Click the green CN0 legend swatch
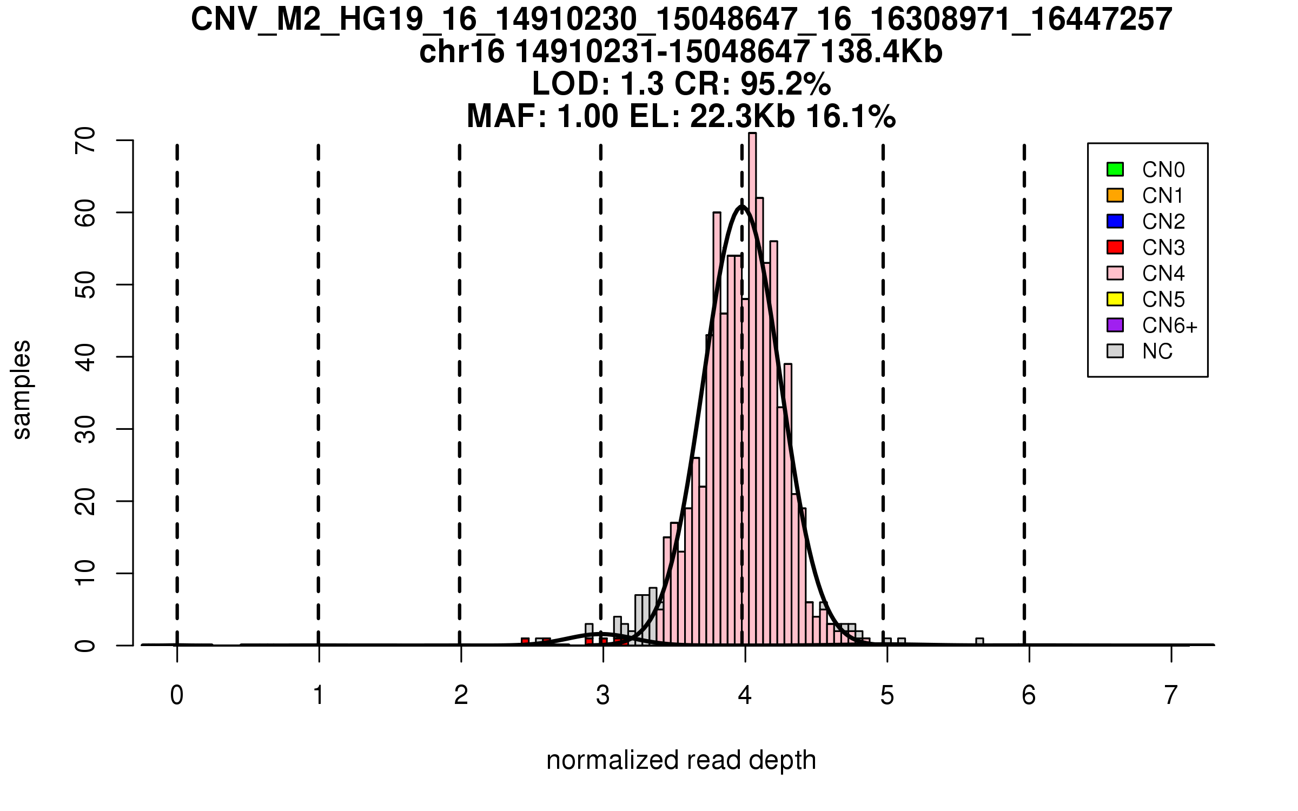pos(1115,169)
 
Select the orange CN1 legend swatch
pos(1115,195)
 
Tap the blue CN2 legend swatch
pos(1115,221)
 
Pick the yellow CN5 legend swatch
pos(1115,299)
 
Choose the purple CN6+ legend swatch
pos(1115,325)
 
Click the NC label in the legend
pos(1157,351)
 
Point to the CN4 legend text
pos(1163,274)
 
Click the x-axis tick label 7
pos(1171,695)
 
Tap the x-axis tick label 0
pos(177,695)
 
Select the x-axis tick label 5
pos(887,695)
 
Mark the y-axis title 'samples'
pos(22,389)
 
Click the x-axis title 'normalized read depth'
pos(681,760)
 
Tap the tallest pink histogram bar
pos(752,378)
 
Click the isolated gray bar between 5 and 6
pos(979,642)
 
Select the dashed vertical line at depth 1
pos(319,378)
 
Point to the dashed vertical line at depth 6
pos(1024,378)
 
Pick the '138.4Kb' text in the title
pos(882,52)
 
